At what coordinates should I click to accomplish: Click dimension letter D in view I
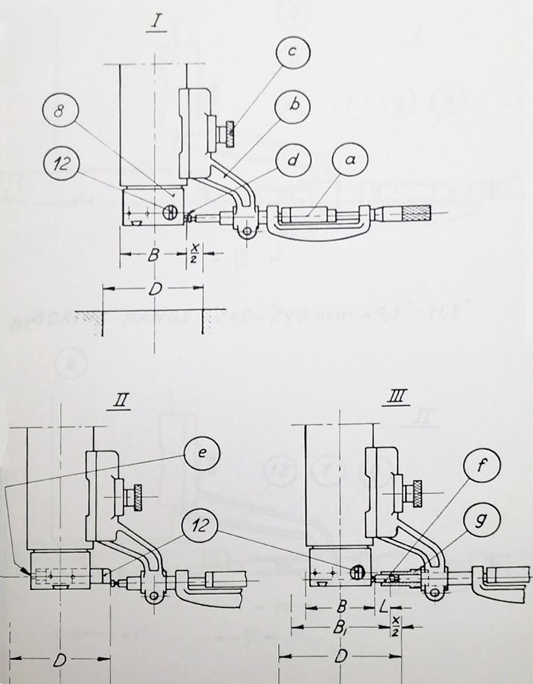(153, 291)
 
